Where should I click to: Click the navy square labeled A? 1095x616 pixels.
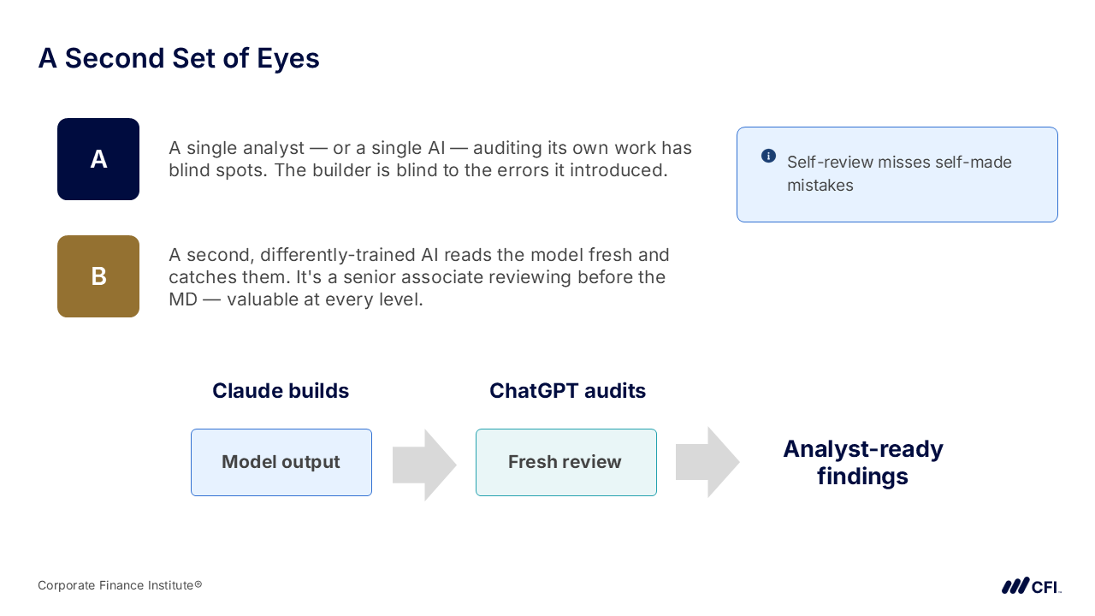98,159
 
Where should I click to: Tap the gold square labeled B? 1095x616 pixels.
98,276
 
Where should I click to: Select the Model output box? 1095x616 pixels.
281,462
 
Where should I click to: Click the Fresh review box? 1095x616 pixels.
566,462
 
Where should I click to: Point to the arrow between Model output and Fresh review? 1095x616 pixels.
424,465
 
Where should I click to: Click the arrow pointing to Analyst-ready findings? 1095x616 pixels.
707,462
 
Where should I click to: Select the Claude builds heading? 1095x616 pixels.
281,391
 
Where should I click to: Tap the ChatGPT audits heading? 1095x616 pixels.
567,391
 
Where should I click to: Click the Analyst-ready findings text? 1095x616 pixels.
863,463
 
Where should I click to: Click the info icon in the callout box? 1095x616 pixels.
768,156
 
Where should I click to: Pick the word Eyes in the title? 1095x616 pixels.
288,59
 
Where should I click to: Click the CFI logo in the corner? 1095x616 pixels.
1031,586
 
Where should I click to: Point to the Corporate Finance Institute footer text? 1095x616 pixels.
120,585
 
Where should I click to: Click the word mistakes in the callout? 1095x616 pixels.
820,186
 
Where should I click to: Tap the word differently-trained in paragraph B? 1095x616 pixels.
337,255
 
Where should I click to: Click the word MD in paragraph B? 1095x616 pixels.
183,299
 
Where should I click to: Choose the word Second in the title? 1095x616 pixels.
115,58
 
